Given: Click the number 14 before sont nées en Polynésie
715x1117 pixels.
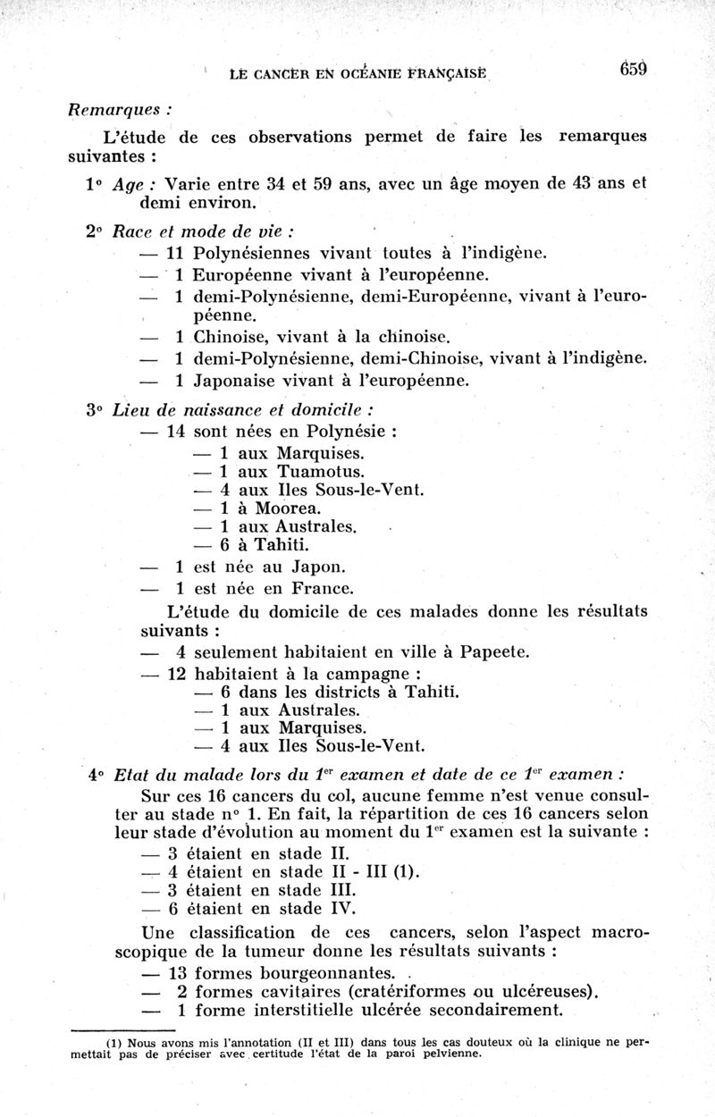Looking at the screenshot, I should pyautogui.click(x=176, y=431).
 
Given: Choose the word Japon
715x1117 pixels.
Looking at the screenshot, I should pyautogui.click(x=321, y=567).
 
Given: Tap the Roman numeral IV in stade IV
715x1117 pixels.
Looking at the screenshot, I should pyautogui.click(x=343, y=909).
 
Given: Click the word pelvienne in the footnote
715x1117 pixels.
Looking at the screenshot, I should pyautogui.click(x=446, y=1053).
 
